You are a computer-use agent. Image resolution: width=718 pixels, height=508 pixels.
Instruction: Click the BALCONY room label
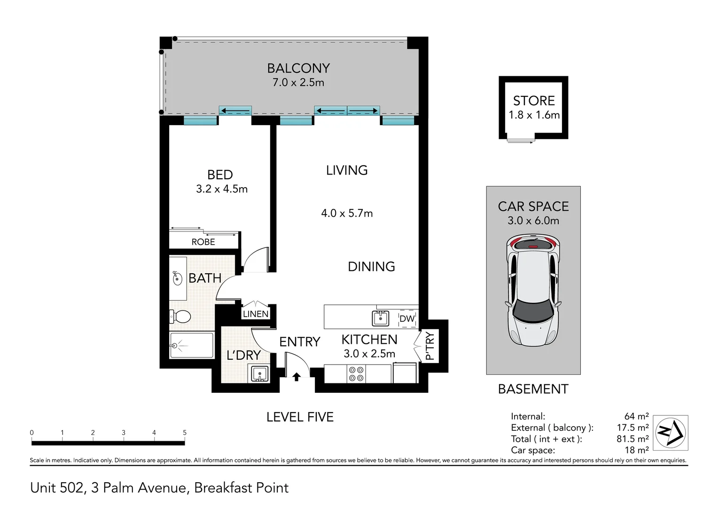(298, 68)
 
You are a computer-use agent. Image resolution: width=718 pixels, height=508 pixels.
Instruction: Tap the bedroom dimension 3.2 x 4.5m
(222, 189)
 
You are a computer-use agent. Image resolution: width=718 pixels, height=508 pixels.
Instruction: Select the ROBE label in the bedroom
(203, 242)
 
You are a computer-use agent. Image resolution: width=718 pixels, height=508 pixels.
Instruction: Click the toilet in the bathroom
(180, 317)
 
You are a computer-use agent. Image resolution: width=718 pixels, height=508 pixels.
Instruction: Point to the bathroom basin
(177, 278)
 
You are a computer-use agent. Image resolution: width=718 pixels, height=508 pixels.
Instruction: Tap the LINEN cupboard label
(256, 314)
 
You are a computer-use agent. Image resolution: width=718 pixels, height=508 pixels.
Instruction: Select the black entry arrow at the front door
(296, 376)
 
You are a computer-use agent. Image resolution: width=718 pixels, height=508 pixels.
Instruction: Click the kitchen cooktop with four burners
(356, 374)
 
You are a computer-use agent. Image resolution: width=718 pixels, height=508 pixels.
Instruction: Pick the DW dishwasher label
(407, 318)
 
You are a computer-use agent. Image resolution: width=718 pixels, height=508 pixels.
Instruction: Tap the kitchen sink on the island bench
(381, 318)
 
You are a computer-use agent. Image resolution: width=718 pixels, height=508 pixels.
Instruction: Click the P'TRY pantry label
(429, 346)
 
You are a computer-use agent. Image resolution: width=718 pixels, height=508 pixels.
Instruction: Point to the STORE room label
(534, 101)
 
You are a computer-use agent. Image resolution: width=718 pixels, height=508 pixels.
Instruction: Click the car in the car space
(533, 291)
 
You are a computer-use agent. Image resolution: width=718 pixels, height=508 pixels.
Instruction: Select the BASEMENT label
(533, 389)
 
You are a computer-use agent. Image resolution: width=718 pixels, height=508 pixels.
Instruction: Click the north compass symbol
(671, 433)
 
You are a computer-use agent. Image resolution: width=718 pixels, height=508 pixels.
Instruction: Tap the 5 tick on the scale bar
(185, 433)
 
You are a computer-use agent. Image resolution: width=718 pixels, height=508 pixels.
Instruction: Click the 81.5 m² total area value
(632, 439)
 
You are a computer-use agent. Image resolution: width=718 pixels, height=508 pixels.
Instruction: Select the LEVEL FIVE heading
(300, 417)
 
